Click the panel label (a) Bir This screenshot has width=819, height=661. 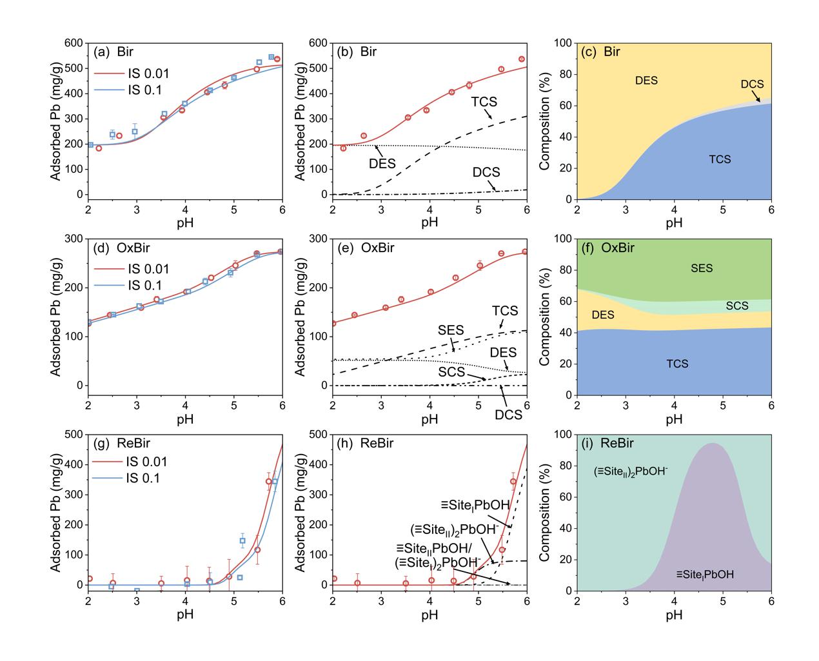tap(113, 52)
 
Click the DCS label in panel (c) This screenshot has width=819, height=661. tap(752, 84)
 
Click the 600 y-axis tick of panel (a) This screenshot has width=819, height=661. tap(75, 43)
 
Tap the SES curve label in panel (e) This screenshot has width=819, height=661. tap(451, 330)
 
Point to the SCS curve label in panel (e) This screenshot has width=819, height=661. tap(452, 372)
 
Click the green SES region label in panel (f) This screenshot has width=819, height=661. tap(702, 268)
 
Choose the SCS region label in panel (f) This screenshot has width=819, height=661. tap(737, 306)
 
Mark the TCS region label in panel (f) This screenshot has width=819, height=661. tap(677, 364)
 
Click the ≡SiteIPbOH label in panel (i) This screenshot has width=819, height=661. tap(705, 574)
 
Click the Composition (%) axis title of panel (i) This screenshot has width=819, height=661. tap(545, 513)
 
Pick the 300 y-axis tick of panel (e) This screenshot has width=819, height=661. tap(319, 239)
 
